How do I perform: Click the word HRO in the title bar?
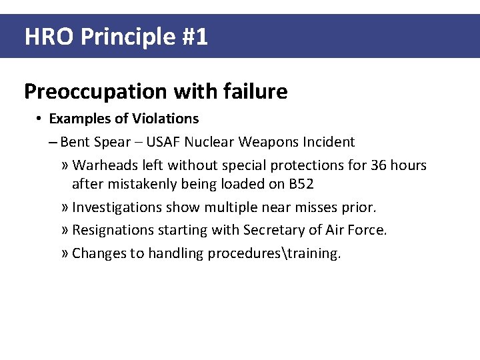[x=49, y=37]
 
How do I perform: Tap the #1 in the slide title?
[x=194, y=37]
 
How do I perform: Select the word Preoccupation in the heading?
[x=91, y=91]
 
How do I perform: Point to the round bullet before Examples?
[x=40, y=119]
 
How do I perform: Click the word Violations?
[x=165, y=119]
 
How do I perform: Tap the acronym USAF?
[x=163, y=142]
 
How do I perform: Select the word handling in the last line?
[x=175, y=253]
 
